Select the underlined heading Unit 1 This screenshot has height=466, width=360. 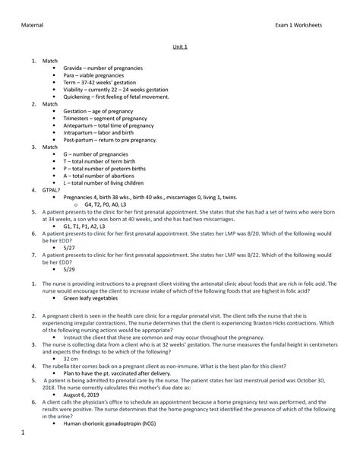[180, 47]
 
